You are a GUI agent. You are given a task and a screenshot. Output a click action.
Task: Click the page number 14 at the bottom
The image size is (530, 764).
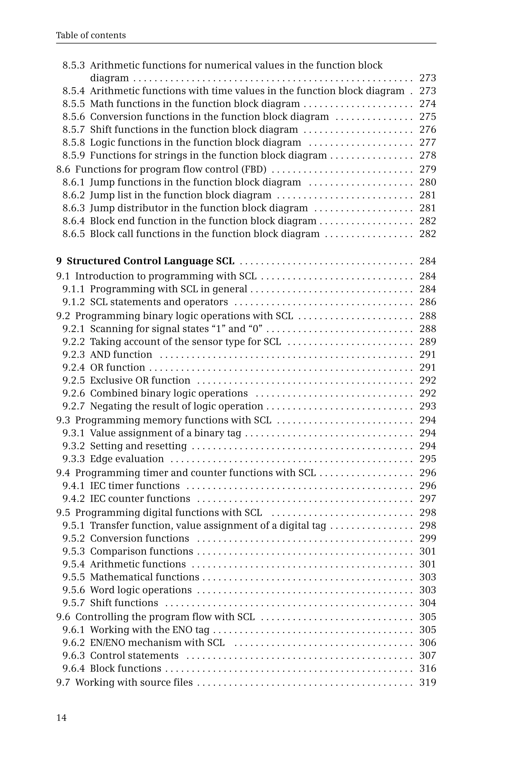61,717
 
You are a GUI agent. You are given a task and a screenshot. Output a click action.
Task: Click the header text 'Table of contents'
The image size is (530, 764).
91,35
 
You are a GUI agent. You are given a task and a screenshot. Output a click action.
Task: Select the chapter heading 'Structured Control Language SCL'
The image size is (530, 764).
150,261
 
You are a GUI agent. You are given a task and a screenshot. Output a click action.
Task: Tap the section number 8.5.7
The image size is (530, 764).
74,129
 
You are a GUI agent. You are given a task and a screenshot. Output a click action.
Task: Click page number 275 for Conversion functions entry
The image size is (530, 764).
427,117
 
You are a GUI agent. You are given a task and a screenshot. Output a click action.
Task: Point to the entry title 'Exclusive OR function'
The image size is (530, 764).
140,380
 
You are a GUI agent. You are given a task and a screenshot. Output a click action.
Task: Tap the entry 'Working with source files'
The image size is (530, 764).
134,682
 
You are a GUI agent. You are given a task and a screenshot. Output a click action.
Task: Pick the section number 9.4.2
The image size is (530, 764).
74,499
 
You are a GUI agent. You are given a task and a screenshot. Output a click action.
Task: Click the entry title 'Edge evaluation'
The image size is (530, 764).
127,459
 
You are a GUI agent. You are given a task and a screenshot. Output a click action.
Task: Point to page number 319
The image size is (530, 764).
427,682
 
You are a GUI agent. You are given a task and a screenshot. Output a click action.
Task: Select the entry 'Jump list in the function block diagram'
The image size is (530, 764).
181,195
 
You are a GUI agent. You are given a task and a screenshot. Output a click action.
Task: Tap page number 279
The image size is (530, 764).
427,169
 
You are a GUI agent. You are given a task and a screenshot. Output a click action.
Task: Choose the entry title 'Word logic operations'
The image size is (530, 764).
141,590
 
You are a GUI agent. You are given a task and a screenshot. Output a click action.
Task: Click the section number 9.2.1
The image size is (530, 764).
74,329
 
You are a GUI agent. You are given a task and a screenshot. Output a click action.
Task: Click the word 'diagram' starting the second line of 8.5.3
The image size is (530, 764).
109,78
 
